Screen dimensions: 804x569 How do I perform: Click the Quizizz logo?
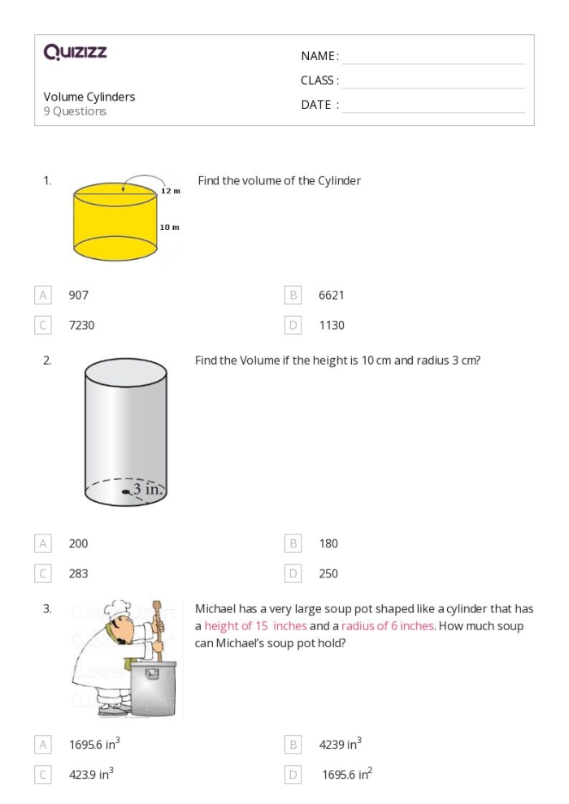(75, 53)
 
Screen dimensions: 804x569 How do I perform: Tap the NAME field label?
(319, 56)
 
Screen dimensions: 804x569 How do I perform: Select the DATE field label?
(319, 105)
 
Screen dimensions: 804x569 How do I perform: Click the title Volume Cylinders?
(89, 97)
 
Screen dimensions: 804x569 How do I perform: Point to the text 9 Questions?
(75, 111)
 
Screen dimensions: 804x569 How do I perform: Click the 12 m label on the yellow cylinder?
(170, 190)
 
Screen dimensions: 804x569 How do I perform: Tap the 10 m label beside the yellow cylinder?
(169, 227)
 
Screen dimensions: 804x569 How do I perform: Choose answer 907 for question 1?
(79, 296)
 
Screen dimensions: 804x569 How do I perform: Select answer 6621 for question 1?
(332, 296)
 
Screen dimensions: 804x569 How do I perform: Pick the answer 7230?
(81, 325)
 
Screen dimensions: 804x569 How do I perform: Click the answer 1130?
(332, 325)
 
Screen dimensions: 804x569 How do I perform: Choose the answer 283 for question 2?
(79, 573)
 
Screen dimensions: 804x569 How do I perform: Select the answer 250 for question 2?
(328, 573)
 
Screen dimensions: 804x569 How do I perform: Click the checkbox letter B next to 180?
(295, 543)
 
